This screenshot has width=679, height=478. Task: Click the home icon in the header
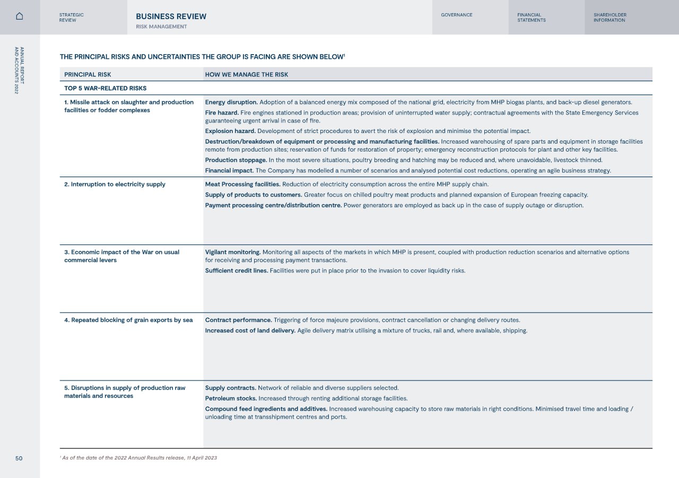point(20,16)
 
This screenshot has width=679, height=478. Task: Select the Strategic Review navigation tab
point(72,17)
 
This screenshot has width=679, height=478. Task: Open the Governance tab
point(456,15)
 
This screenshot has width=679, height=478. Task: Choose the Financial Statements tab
point(532,17)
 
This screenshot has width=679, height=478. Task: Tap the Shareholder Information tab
point(610,17)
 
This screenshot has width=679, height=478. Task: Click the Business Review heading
point(171,16)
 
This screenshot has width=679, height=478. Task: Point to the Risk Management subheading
point(161,26)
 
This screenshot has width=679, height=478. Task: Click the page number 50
point(19,458)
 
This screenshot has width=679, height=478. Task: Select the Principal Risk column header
point(88,75)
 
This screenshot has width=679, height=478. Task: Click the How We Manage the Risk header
point(247,75)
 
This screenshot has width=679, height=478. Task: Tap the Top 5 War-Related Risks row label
point(105,88)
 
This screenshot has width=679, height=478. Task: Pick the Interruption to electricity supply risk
point(115,184)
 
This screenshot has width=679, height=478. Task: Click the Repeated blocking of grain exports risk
point(128,320)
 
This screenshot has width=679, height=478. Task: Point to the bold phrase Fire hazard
point(222,113)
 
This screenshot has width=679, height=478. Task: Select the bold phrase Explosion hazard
point(230,131)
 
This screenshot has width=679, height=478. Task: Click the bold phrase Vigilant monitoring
point(233,252)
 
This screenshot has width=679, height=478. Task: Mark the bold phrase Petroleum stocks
point(231,399)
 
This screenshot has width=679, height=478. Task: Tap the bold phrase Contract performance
point(238,320)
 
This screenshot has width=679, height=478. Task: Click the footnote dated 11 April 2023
point(139,458)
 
